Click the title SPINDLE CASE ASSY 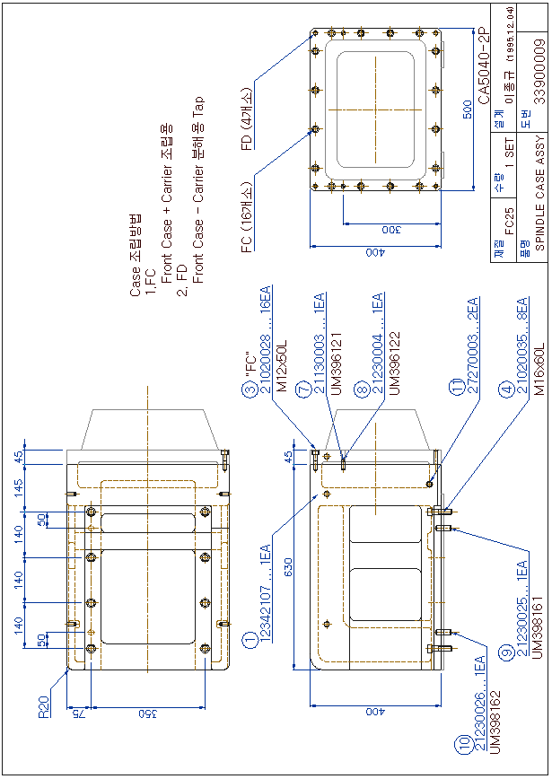[x=539, y=189]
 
